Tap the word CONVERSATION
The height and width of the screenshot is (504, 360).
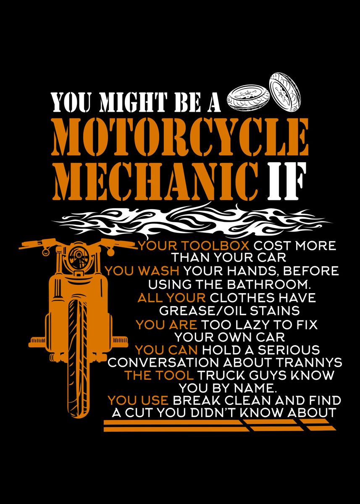(163, 362)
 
